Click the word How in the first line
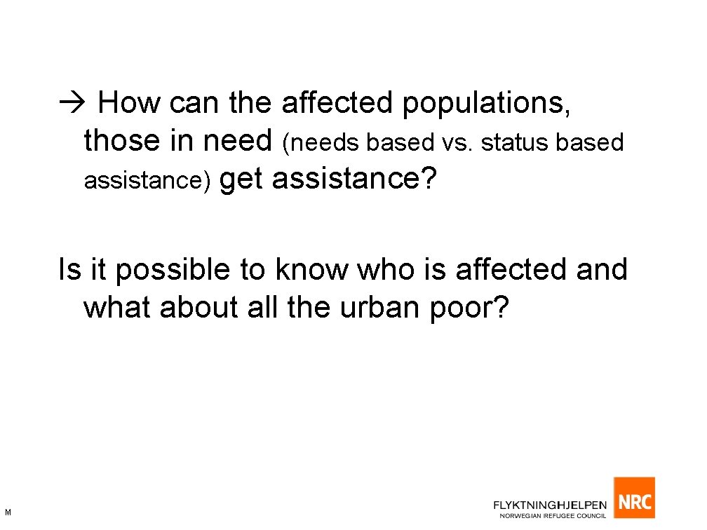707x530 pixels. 129,104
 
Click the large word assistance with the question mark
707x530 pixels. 354,179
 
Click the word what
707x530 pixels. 118,307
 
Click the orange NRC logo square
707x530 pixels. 634,498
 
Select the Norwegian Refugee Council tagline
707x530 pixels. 553,516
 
